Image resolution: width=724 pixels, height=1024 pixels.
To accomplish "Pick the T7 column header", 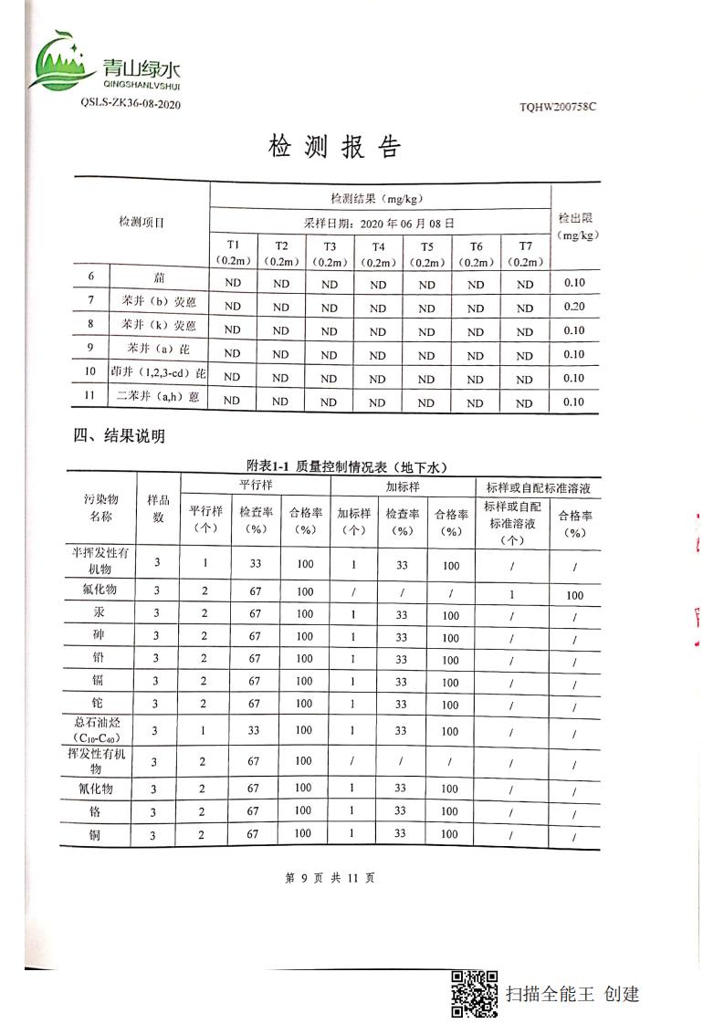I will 525,253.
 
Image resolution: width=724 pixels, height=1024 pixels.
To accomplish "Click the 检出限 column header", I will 576,225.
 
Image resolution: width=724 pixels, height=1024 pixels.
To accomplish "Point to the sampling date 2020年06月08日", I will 379,223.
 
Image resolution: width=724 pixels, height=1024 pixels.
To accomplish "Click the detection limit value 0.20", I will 574,306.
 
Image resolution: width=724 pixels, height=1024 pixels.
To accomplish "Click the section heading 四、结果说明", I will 120,436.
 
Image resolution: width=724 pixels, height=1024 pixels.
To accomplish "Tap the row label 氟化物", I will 99,590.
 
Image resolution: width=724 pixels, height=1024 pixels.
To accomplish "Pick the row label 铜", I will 99,834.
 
